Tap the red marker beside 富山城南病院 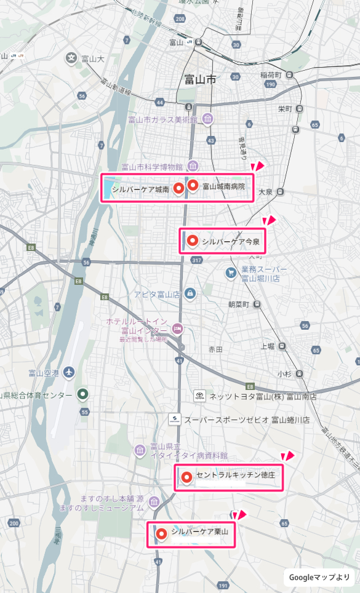(193, 185)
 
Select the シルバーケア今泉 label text (231, 241)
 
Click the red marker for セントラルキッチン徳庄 (186, 476)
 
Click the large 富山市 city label (201, 80)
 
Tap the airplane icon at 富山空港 (68, 373)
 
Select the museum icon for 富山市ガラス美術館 (208, 118)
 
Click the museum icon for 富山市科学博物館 (193, 165)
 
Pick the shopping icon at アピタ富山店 (190, 293)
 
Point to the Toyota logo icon (199, 396)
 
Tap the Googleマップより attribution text (319, 577)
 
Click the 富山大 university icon (72, 58)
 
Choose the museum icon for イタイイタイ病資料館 (140, 451)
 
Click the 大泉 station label (266, 192)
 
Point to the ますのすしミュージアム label (102, 508)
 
